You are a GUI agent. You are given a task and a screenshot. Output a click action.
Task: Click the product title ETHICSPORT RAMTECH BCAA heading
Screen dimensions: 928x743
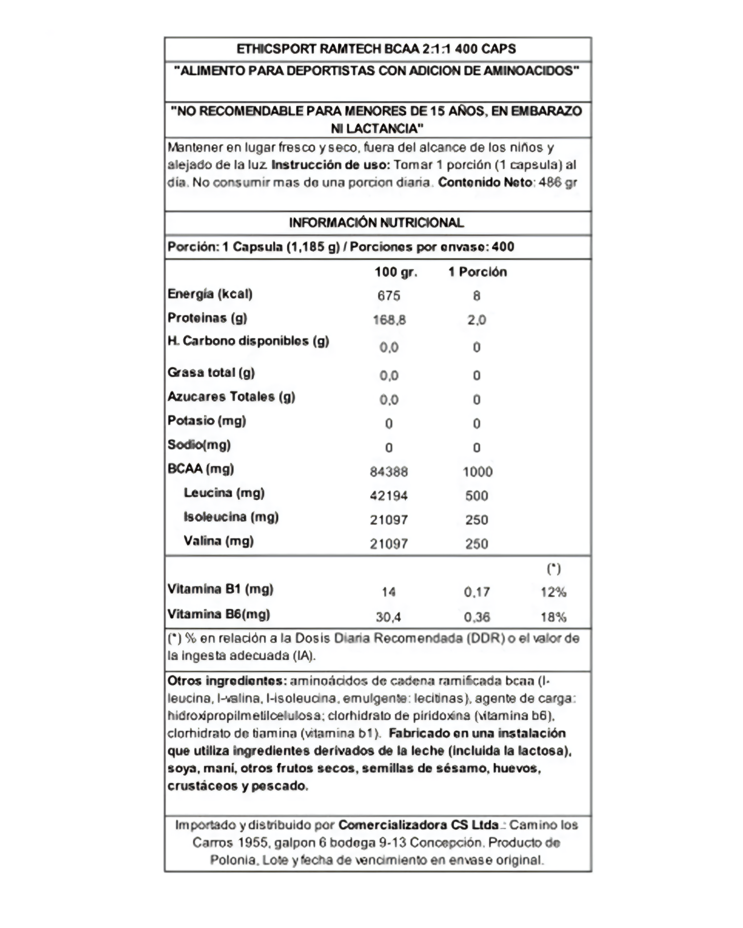(x=376, y=49)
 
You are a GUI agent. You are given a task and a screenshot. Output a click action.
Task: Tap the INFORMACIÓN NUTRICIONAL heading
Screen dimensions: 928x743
(x=376, y=223)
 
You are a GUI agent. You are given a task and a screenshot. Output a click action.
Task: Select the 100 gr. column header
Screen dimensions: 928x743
(x=396, y=272)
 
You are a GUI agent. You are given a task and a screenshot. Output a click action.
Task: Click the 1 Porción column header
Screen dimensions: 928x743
(x=477, y=272)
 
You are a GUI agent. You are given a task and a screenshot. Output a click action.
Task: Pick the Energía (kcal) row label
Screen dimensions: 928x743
(x=210, y=294)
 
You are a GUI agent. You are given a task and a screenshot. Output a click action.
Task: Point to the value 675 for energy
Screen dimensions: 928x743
(x=389, y=296)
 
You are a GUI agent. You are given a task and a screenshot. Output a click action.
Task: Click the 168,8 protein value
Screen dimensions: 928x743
(x=389, y=320)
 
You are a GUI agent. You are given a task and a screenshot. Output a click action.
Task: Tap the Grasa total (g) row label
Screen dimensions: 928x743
(x=211, y=372)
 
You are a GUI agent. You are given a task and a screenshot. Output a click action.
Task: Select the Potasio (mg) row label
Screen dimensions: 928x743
(x=207, y=420)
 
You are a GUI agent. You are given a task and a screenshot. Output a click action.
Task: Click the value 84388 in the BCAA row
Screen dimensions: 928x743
(x=389, y=472)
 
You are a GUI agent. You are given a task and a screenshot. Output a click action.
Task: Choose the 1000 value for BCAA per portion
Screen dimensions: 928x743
(x=477, y=472)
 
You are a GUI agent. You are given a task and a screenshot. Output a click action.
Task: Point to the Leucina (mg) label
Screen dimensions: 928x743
(x=224, y=493)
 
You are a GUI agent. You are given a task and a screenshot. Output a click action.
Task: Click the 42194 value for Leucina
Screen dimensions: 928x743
(x=389, y=496)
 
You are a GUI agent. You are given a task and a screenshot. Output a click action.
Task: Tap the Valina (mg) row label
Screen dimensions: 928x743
(x=219, y=541)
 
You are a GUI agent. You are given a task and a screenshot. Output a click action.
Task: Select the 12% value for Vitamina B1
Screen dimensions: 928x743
(x=554, y=592)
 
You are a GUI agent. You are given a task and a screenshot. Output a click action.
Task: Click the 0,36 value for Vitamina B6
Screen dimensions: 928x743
(x=477, y=617)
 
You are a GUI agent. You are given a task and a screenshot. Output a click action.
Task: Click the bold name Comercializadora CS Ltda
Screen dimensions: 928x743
(x=418, y=825)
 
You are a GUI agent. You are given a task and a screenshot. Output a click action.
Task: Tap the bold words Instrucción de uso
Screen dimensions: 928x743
(x=331, y=165)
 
